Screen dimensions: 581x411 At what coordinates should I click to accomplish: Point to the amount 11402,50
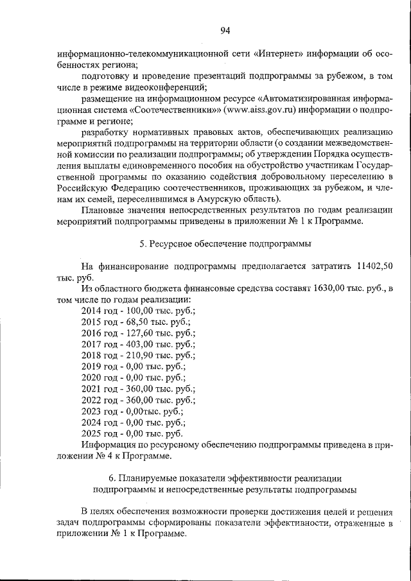[375, 266]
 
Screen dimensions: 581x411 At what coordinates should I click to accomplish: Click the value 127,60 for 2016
[147, 333]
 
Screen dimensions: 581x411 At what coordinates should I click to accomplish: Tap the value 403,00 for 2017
[147, 343]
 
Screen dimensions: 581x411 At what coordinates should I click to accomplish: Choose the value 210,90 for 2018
[147, 355]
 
